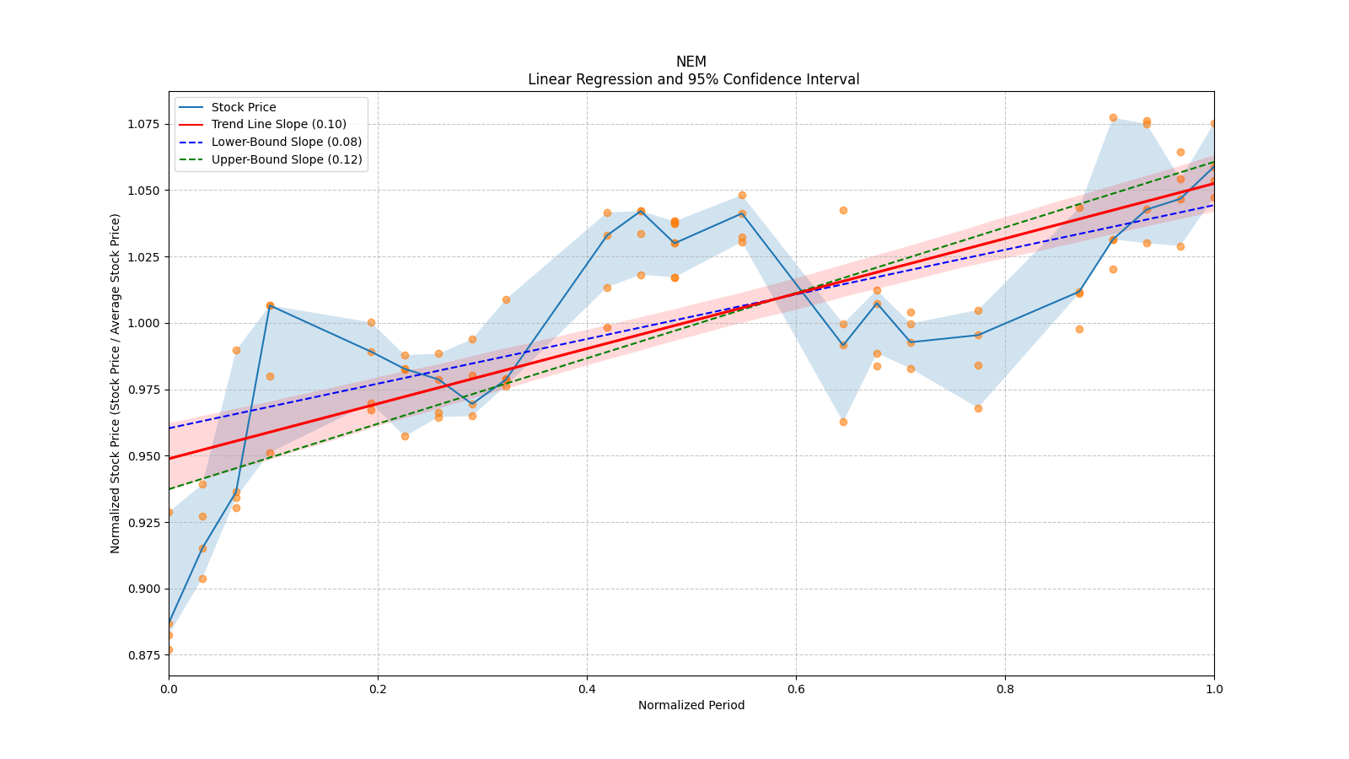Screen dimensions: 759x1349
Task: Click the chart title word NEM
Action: [691, 62]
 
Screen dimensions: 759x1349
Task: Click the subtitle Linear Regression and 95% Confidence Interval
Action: [693, 79]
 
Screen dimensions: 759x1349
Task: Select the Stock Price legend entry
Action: [244, 107]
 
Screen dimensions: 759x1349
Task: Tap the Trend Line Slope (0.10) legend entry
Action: [278, 125]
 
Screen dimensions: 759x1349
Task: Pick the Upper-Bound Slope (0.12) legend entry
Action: [287, 160]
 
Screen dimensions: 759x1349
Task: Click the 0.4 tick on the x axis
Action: [587, 689]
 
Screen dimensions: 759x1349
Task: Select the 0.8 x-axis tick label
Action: [1005, 689]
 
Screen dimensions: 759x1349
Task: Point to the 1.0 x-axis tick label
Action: [1214, 689]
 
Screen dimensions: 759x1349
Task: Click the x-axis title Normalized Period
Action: [691, 705]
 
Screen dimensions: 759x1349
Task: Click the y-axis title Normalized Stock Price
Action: [116, 383]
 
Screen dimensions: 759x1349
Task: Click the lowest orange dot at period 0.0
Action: [169, 649]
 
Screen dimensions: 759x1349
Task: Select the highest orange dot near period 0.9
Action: [1113, 117]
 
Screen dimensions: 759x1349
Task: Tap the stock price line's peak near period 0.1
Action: [270, 305]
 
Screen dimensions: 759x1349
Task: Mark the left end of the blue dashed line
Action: [169, 428]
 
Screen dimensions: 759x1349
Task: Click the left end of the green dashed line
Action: [169, 489]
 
